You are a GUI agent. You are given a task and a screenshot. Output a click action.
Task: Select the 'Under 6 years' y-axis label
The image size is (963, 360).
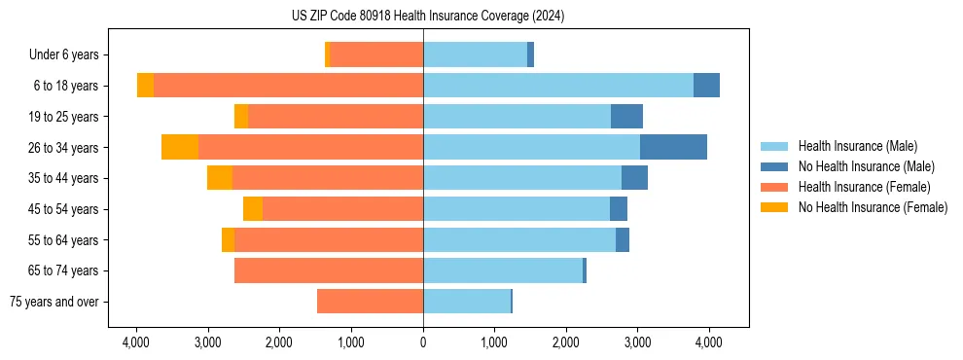pyautogui.click(x=69, y=55)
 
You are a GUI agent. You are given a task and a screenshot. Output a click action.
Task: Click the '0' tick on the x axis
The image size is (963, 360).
pyautogui.click(x=423, y=342)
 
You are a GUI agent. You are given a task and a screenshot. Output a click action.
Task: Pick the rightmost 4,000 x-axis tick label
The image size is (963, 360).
pyautogui.click(x=708, y=342)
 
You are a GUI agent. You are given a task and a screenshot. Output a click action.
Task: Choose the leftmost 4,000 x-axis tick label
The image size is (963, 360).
pyautogui.click(x=136, y=342)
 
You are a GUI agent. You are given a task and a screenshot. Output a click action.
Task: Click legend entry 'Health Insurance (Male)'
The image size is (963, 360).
pyautogui.click(x=857, y=146)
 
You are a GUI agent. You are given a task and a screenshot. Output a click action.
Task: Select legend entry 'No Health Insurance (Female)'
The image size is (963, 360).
pyautogui.click(x=873, y=207)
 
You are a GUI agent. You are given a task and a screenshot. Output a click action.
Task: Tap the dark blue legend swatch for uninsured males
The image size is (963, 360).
pyautogui.click(x=775, y=166)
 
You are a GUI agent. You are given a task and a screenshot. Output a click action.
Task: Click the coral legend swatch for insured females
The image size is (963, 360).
pyautogui.click(x=775, y=187)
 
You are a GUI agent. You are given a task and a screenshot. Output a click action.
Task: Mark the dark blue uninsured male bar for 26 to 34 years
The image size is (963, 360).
pyautogui.click(x=673, y=148)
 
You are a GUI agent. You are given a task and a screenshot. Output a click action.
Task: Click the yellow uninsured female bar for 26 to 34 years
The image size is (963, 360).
pyautogui.click(x=180, y=148)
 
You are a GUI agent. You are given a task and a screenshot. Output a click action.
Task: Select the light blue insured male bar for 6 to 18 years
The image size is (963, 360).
pyautogui.click(x=558, y=86)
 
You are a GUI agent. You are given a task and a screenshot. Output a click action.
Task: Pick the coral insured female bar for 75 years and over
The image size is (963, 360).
pyautogui.click(x=370, y=302)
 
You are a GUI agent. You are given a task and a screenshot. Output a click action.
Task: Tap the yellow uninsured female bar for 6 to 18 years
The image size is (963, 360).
pyautogui.click(x=145, y=86)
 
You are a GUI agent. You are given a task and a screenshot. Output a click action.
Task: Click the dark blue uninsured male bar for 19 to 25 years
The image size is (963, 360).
pyautogui.click(x=626, y=117)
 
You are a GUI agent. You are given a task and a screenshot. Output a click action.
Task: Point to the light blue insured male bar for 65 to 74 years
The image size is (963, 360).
pyautogui.click(x=503, y=270)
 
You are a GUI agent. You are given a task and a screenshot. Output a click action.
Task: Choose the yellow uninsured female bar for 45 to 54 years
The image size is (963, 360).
pyautogui.click(x=253, y=209)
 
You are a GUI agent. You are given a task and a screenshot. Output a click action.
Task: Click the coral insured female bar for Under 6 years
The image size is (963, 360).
pyautogui.click(x=376, y=55)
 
